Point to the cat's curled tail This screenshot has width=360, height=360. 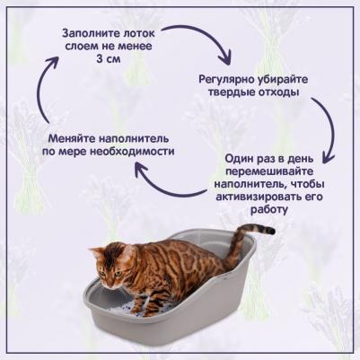tap(256, 231)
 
